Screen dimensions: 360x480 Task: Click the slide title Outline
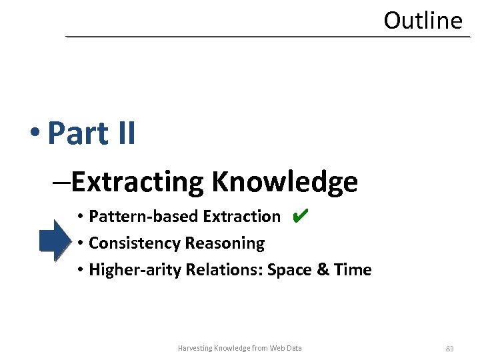tap(423, 21)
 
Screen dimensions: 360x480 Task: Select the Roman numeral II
tap(125, 133)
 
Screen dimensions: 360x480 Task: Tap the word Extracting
tap(138, 181)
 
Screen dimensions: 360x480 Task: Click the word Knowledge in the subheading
tap(285, 181)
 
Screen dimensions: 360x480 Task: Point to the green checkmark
tap(300, 215)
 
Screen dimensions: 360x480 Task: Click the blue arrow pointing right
tap(54, 239)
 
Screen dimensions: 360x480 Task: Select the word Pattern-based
tap(144, 217)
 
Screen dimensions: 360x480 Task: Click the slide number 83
tap(450, 348)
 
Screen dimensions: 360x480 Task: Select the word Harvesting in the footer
tap(195, 348)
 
